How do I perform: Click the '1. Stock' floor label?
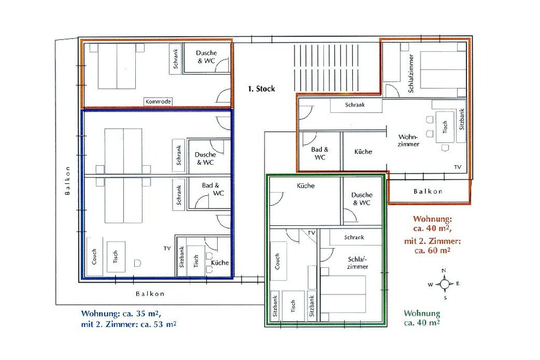261,89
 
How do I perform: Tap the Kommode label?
158,101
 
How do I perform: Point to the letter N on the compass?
444,271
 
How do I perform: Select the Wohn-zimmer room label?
409,141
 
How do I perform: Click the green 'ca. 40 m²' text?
422,323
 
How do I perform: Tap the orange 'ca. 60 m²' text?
433,250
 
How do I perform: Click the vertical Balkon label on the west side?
68,181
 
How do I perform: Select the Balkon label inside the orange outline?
428,191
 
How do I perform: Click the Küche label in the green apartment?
306,185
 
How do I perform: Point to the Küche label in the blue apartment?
220,262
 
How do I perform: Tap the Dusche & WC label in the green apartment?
362,199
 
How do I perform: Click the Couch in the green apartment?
278,261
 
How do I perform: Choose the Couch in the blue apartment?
94,257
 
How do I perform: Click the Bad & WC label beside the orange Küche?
320,153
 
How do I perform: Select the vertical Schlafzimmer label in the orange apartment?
411,74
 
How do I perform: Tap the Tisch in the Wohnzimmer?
445,127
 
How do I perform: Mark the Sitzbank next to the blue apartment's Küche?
182,257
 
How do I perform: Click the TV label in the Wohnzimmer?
458,167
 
